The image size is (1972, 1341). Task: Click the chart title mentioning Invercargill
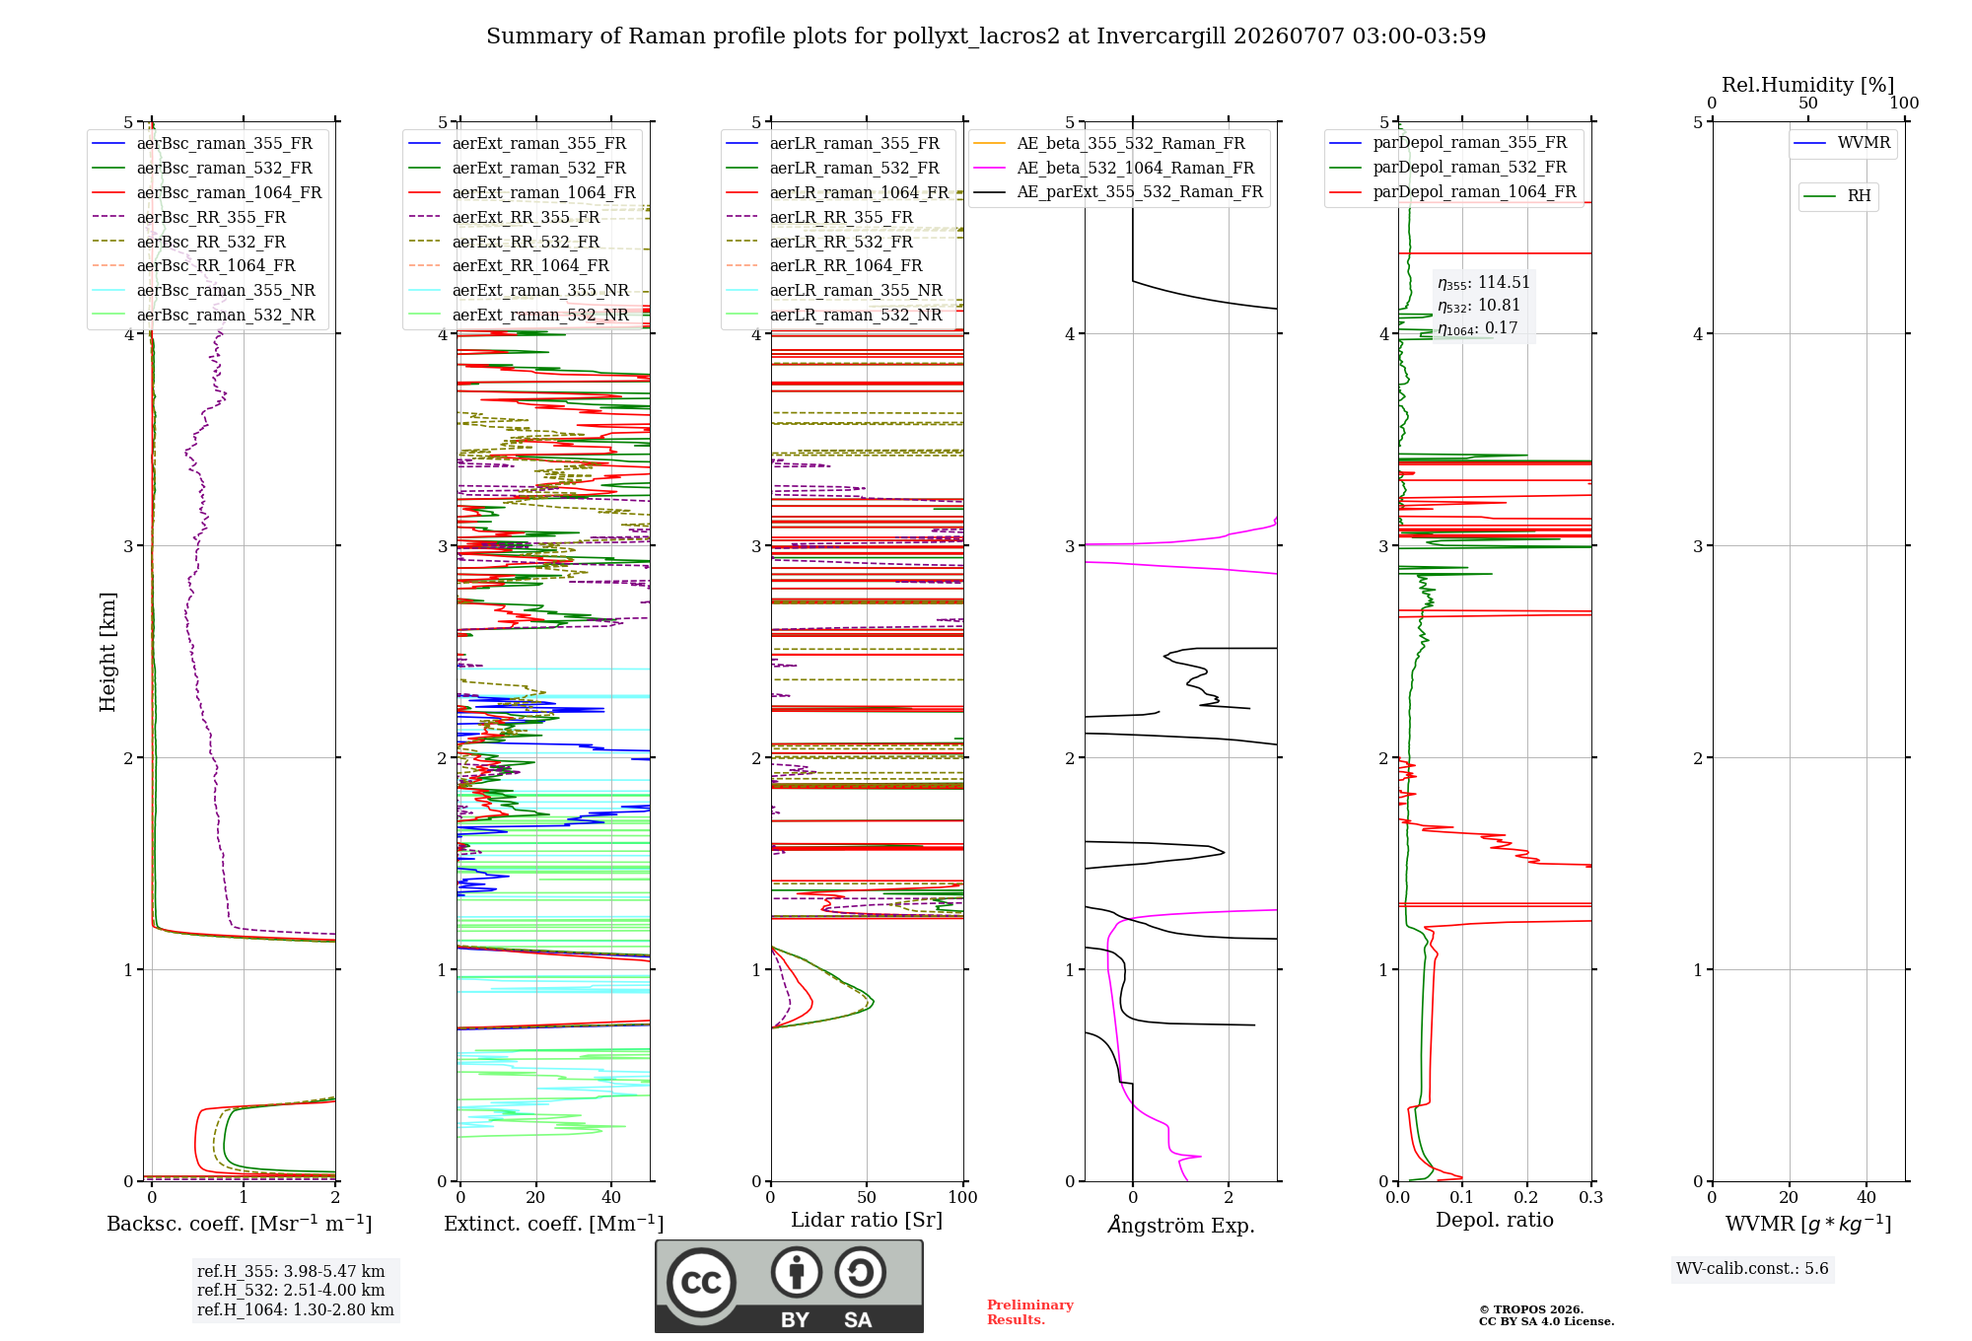tap(986, 36)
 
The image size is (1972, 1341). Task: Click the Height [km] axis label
tap(107, 652)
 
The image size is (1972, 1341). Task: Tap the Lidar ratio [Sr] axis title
tap(867, 1220)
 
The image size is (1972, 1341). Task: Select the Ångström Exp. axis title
tap(1181, 1225)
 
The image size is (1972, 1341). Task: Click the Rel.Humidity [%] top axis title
tap(1808, 85)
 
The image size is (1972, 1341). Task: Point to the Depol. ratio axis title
tap(1495, 1220)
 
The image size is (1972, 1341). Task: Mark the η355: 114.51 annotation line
tap(1484, 283)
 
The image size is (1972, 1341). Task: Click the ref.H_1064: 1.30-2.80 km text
tap(296, 1309)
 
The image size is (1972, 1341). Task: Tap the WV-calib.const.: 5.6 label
tap(1752, 1268)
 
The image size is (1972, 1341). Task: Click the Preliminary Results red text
tap(1030, 1312)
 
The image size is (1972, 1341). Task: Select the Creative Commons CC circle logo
tap(701, 1282)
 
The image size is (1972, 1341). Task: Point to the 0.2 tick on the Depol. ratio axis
tap(1526, 1197)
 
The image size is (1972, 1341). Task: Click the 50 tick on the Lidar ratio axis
tap(867, 1197)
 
